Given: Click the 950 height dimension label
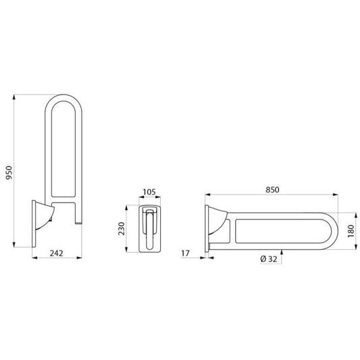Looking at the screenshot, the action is coord(9,173).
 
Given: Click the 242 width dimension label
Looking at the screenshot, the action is coord(56,253).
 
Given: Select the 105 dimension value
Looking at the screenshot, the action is coord(149,192).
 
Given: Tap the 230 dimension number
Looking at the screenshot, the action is coord(122,228).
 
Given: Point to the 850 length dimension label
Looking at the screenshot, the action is coord(272,190).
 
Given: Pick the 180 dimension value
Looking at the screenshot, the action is coord(351,231).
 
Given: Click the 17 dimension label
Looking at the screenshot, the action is coord(186,253).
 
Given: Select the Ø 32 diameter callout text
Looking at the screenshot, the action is coord(269,259).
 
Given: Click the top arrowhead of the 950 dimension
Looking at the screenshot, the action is coord(14,97).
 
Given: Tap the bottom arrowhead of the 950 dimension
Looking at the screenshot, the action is coord(14,245).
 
